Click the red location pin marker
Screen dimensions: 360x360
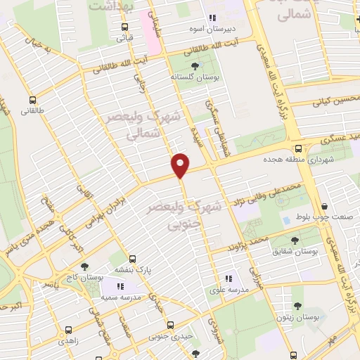pyautogui.click(x=181, y=165)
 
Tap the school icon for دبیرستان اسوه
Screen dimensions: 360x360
pyautogui.click(x=212, y=19)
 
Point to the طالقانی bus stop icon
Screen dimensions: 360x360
pyautogui.click(x=33, y=99)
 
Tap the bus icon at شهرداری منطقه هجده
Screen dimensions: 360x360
pyautogui.click(x=300, y=148)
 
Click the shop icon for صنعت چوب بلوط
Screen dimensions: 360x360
pyautogui.click(x=324, y=206)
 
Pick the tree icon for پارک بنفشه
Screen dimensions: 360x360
pyautogui.click(x=134, y=257)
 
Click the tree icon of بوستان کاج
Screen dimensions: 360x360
pyautogui.click(x=85, y=266)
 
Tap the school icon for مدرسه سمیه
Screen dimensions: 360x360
pyautogui.click(x=120, y=286)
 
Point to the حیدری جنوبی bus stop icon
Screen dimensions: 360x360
pyautogui.click(x=170, y=325)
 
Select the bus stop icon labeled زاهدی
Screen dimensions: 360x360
pyautogui.click(x=68, y=329)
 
